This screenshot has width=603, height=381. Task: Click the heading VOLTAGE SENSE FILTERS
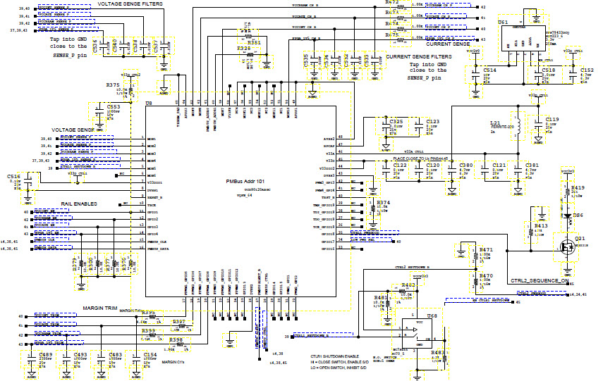pos(130,4)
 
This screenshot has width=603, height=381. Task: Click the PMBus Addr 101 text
pos(244,182)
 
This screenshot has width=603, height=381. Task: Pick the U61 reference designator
pos(504,23)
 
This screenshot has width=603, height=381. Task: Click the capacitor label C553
pos(114,107)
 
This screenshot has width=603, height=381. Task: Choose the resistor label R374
pos(383,202)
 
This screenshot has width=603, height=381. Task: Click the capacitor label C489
pos(46,354)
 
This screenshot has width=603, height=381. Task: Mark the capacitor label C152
pos(587,70)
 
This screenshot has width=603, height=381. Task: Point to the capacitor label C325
pos(396,121)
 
